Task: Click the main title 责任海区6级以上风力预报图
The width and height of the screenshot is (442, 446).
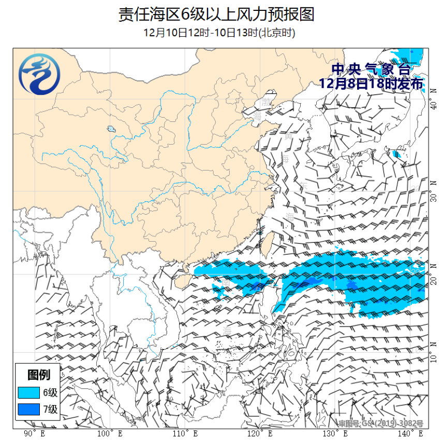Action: tap(216, 14)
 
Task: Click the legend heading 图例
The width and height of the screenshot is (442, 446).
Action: tap(39, 374)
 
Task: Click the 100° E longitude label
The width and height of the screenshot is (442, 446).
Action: tap(110, 434)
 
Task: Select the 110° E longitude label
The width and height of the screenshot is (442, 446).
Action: tap(185, 434)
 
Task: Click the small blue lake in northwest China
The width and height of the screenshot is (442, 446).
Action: tap(110, 129)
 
